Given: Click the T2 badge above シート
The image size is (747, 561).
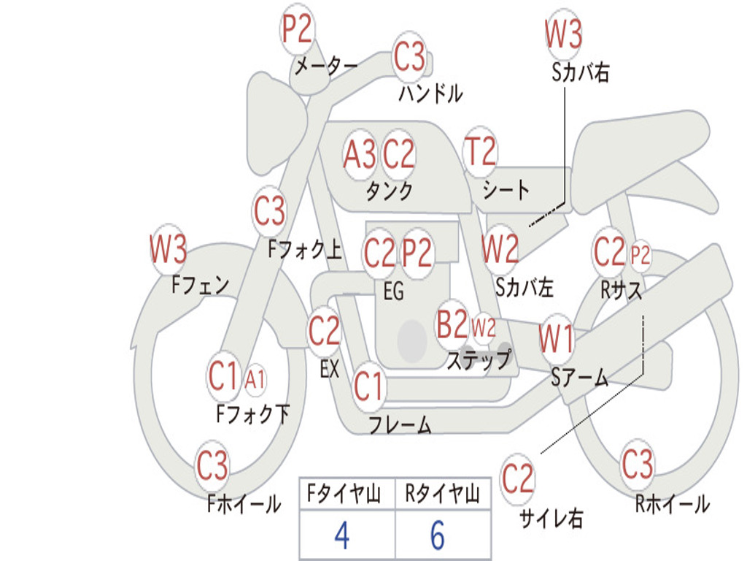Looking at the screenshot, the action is (480, 152).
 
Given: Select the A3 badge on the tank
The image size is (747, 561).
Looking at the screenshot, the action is (360, 154).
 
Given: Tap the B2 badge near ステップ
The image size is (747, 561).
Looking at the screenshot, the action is (452, 325).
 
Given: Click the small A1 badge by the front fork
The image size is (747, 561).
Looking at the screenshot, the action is (255, 379).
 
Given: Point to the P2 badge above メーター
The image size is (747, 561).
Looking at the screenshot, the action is (297, 31).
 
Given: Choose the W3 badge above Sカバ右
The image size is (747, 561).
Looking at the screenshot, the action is (563, 34).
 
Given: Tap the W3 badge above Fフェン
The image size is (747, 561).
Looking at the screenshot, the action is (169, 250).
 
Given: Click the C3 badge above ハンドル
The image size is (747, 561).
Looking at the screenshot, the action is (409, 56).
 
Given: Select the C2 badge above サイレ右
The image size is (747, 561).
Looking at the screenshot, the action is (518, 479).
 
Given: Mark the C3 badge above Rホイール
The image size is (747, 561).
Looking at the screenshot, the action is (638, 465).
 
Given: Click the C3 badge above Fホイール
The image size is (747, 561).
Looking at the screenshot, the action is (213, 465).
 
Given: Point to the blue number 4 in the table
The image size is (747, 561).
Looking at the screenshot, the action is (341, 536).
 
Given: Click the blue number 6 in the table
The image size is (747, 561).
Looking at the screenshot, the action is (438, 536).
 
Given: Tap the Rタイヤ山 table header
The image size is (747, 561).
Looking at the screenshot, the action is (442, 495).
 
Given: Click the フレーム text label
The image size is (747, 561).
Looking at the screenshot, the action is (400, 424).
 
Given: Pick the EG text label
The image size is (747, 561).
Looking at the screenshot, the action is (393, 291).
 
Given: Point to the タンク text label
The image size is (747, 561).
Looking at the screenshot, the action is (389, 191).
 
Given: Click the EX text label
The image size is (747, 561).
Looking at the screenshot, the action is (330, 369).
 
